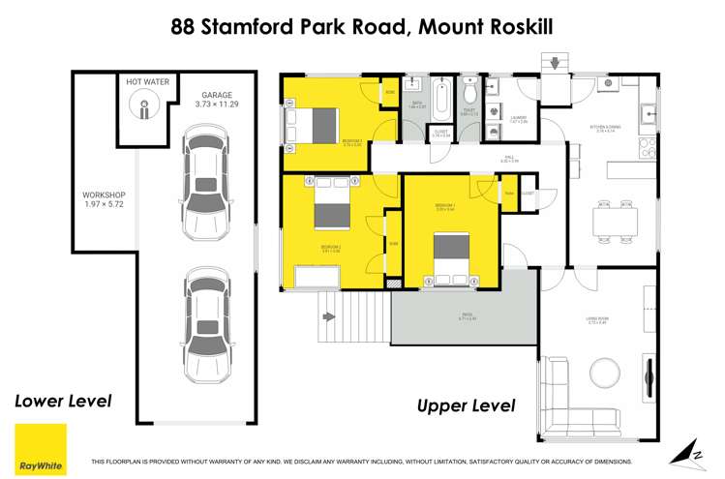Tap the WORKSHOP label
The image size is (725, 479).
[105, 200]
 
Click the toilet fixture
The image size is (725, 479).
[469, 92]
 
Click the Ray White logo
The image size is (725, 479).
[41, 449]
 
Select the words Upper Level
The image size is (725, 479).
[466, 405]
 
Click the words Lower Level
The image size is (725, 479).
[63, 400]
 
